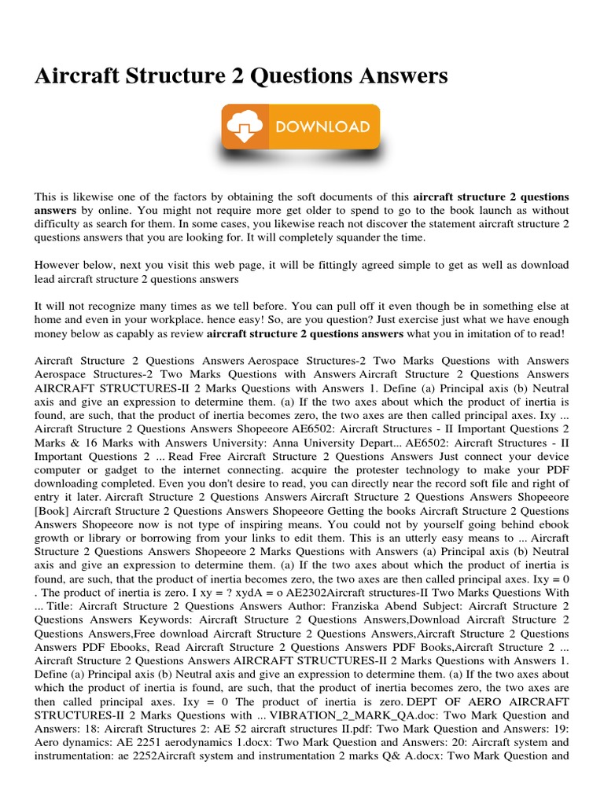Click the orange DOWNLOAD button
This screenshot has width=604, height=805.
[x=301, y=127]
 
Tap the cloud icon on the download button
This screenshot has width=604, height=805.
[x=241, y=127]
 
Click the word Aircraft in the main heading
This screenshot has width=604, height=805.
[x=78, y=75]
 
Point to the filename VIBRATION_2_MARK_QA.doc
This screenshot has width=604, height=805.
[x=351, y=716]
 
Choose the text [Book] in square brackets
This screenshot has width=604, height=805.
[x=52, y=511]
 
